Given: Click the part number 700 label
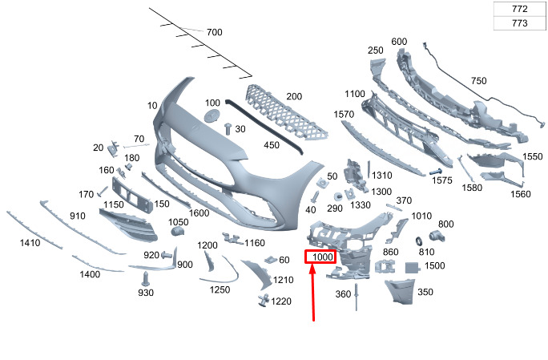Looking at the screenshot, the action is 214,33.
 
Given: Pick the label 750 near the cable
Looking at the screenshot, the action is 478,81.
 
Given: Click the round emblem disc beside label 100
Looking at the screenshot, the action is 212,117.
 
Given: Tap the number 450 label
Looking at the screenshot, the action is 272,145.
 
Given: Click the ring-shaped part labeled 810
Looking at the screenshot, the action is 419,241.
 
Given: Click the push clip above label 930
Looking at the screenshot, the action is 145,278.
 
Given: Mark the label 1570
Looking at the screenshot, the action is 344,115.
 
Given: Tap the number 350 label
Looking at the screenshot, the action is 425,293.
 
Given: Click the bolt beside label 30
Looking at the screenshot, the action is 228,127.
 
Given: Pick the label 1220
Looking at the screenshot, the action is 281,301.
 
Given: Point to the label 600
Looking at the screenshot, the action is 399,42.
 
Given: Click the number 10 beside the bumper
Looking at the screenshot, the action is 152,106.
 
